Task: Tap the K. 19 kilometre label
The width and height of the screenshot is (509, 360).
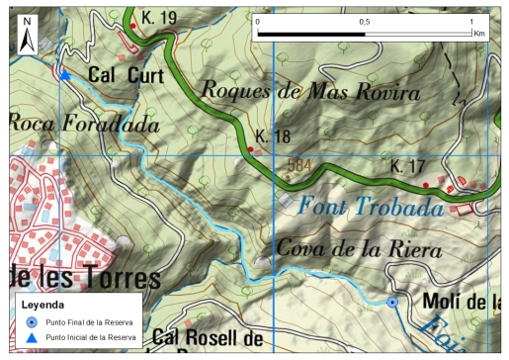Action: coord(158,17)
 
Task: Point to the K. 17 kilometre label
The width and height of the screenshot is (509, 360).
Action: coord(407,165)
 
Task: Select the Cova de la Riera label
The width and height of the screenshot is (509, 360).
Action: coord(358,249)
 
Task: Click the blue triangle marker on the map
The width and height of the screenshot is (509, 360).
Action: coord(64,75)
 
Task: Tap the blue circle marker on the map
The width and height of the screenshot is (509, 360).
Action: coord(392,302)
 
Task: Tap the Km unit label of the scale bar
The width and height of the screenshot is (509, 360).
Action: coord(479,33)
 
